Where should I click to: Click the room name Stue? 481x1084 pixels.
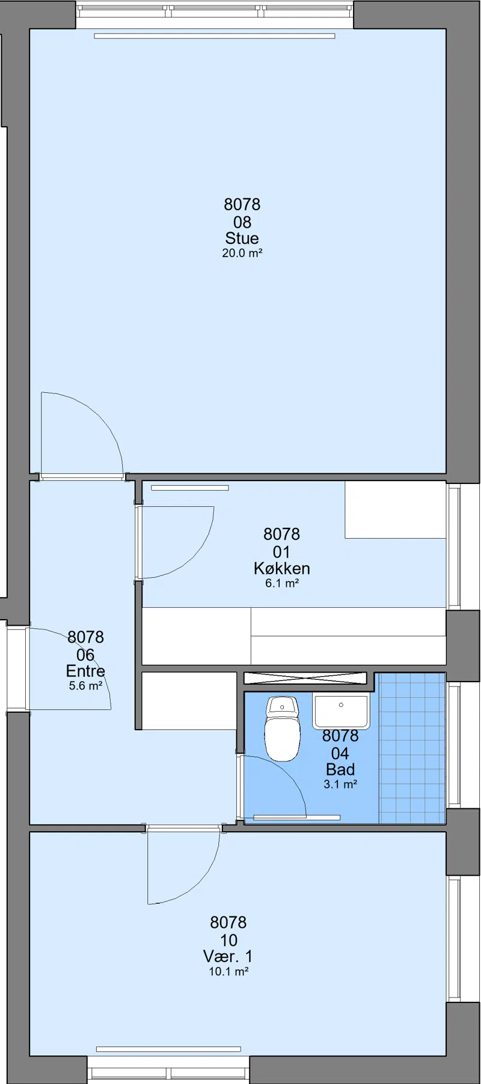242,238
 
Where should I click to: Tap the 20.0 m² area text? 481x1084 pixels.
242,253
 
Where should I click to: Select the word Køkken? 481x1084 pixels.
281,568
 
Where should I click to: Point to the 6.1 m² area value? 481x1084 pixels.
282,583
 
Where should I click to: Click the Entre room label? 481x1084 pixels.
85,671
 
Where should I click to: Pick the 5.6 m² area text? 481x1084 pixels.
85,686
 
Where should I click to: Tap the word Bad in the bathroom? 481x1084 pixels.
340,769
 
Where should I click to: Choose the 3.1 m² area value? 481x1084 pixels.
340,784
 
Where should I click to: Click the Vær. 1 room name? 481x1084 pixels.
228,956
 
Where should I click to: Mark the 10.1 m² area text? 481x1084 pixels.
228,972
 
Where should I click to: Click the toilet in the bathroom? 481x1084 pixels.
282,728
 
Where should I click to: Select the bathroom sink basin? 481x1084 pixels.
341,710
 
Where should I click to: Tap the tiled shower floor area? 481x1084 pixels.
412,748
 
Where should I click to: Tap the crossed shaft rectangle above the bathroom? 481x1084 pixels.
305,678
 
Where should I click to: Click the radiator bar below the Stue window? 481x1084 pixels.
214,36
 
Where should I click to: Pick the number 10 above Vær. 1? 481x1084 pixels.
228,940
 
